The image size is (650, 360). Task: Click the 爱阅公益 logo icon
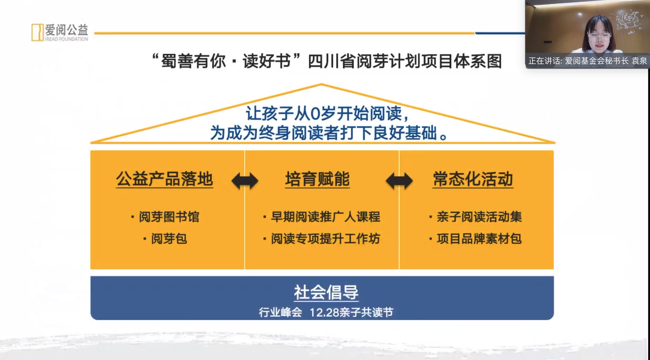(37, 32)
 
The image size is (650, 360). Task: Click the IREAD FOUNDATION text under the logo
(67, 39)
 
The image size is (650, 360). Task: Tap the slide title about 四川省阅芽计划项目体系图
(326, 61)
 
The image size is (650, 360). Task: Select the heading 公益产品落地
(164, 179)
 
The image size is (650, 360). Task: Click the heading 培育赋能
(317, 179)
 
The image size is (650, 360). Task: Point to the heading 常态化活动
(473, 179)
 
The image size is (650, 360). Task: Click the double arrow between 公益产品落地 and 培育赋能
(245, 181)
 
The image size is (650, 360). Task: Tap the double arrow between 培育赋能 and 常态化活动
(399, 181)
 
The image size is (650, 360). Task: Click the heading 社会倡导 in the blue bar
(326, 293)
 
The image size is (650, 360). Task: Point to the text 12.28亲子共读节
(352, 312)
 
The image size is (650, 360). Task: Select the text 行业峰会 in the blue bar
(280, 312)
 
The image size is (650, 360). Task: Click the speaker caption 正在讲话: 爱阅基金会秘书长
(578, 61)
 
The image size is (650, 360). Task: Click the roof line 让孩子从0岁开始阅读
(327, 114)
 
